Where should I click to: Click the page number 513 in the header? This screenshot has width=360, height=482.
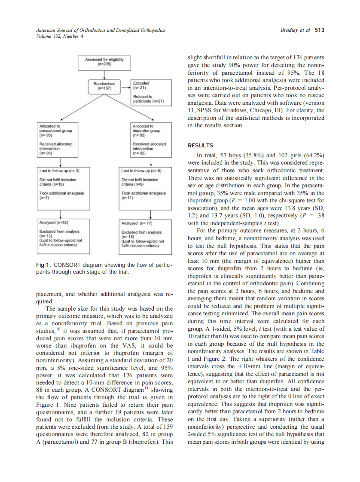tap(319, 30)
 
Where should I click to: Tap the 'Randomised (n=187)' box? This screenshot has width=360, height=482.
tap(104, 85)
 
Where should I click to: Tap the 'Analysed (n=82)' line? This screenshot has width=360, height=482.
tap(54, 223)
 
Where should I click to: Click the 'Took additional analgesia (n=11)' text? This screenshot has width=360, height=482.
tap(143, 196)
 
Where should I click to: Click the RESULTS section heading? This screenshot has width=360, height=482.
tap(200, 146)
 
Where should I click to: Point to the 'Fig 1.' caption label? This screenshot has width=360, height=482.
tap(43, 265)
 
